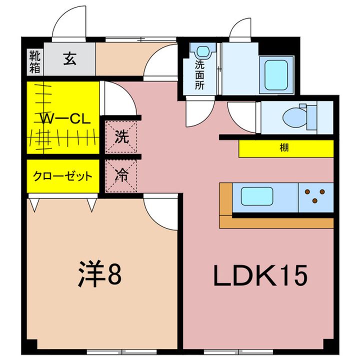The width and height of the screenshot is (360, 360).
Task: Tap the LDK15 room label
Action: point(260,275)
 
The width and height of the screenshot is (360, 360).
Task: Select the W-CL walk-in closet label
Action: point(65,119)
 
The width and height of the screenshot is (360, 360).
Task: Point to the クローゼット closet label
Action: point(62,176)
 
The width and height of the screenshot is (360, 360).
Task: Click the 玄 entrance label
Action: point(70,58)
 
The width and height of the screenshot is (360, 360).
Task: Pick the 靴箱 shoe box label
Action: point(34,62)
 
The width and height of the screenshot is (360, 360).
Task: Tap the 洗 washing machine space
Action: point(121,137)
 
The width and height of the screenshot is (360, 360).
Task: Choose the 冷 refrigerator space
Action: point(121,176)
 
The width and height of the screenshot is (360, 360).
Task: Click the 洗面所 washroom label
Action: point(199,75)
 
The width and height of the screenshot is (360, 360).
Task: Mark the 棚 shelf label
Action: point(284,147)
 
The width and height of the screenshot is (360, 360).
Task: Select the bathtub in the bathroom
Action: point(276,74)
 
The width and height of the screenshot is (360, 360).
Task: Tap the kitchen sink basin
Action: point(257,196)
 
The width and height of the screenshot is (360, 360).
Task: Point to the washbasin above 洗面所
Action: point(202,51)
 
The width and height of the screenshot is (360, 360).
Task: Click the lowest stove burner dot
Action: point(315,201)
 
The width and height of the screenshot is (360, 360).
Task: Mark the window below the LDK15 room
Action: point(238,351)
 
